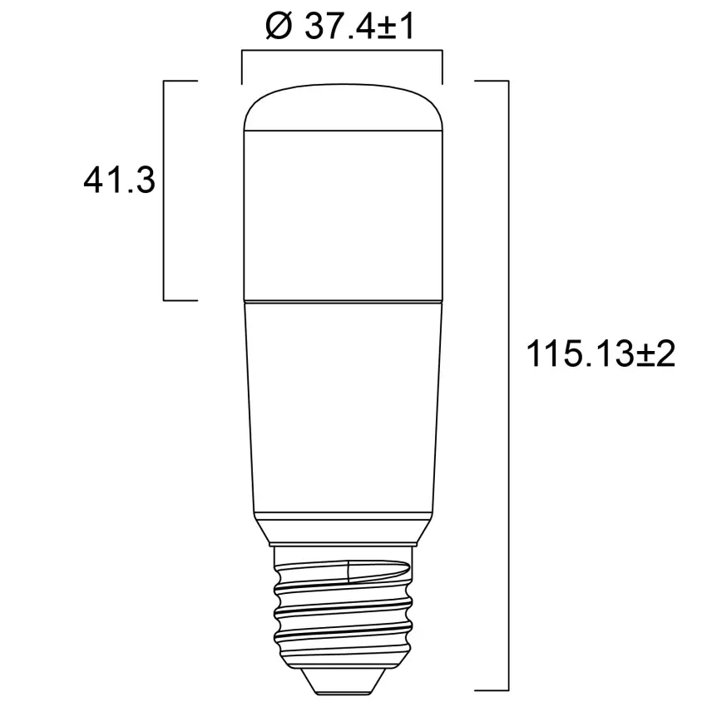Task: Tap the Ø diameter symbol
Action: point(278,27)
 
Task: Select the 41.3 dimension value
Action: point(120,180)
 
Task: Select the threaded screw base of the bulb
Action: point(342,607)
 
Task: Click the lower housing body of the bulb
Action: point(342,408)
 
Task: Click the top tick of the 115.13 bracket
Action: point(491,82)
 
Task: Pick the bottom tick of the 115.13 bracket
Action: point(491,690)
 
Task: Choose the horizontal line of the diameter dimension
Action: point(342,52)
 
